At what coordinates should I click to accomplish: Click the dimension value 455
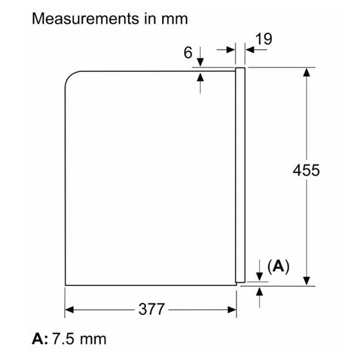pos(306,171)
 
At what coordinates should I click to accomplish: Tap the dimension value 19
pos(263,39)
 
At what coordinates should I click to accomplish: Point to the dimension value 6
pos(188,53)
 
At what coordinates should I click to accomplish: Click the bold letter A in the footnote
pos(37,338)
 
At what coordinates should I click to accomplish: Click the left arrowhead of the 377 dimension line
pos(70,309)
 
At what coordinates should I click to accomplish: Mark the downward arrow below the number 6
pos(201,60)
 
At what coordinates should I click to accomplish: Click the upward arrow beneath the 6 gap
pos(201,77)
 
